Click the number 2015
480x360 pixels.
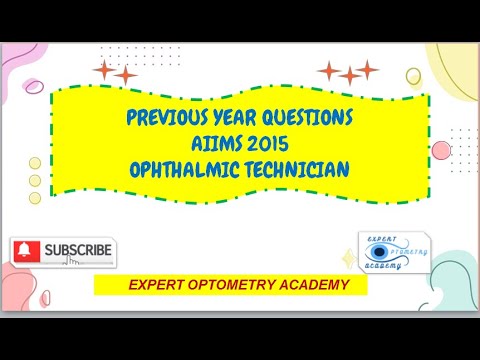pos(268,144)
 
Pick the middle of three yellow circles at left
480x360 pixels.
pos(35,181)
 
